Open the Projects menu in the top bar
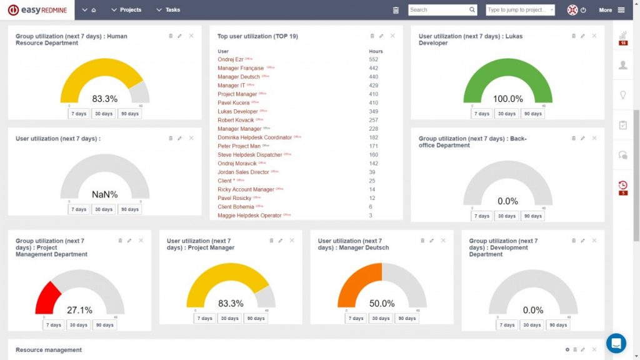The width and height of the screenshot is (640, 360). (x=126, y=10)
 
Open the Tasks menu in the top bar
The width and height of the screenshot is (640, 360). (x=169, y=10)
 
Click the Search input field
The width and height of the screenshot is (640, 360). (x=437, y=10)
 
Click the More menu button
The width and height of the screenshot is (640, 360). (x=611, y=10)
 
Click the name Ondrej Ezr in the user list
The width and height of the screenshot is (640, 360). (x=230, y=59)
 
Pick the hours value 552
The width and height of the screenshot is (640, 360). (x=374, y=59)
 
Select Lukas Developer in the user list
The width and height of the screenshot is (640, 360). (x=237, y=111)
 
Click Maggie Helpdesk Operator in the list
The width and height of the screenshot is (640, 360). (x=249, y=216)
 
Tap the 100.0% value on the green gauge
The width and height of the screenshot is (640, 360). (x=507, y=99)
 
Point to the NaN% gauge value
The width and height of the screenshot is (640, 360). (x=104, y=194)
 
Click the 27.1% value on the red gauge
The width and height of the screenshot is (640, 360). (x=79, y=310)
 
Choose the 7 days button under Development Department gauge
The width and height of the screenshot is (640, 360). (x=508, y=325)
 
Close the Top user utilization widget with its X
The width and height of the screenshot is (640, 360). (x=392, y=36)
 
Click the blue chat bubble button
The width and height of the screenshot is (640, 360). (x=616, y=343)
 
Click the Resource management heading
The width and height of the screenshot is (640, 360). (x=48, y=350)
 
